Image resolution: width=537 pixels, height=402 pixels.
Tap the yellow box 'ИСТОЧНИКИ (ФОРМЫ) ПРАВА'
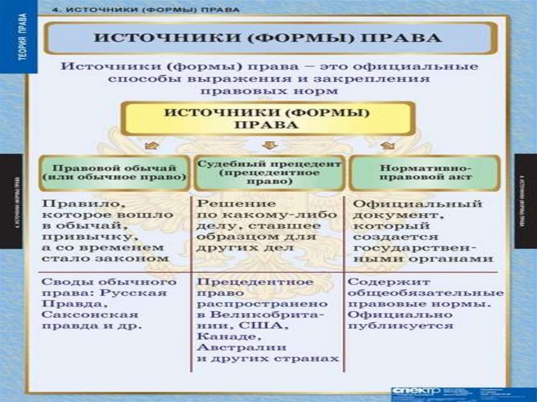(x=267, y=118)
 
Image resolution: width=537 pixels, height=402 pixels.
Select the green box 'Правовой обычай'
(x=114, y=172)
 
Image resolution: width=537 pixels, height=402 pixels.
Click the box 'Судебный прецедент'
(x=269, y=172)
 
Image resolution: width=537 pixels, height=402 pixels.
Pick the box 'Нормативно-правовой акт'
(x=425, y=172)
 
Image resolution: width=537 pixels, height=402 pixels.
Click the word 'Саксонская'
(x=90, y=315)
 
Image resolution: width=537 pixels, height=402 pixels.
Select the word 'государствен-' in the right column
(x=414, y=247)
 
